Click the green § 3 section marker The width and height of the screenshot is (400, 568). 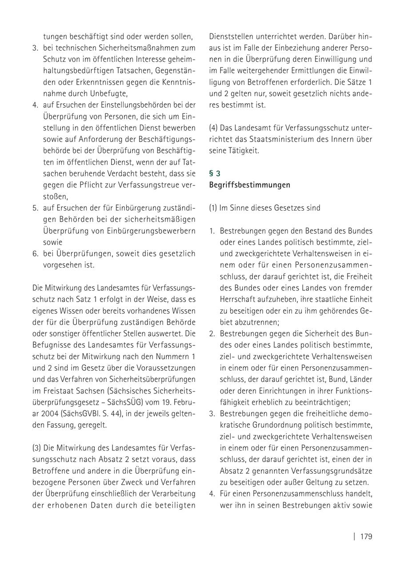click(214, 174)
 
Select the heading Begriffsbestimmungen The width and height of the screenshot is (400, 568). click(249, 185)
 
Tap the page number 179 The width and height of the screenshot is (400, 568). click(366, 536)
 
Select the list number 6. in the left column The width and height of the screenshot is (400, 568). click(35, 254)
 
